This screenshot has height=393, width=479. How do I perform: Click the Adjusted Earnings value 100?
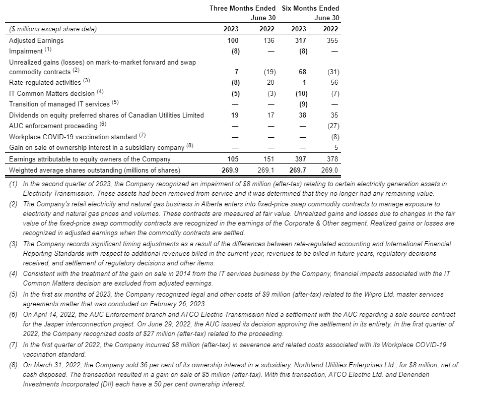(233, 40)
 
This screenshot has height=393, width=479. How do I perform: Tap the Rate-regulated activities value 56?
(335, 82)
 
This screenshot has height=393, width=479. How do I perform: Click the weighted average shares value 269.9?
(231, 171)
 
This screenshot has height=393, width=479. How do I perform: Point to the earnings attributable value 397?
(300, 159)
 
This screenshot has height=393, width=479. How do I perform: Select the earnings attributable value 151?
(269, 159)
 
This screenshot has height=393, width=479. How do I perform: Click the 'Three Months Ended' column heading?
(242, 8)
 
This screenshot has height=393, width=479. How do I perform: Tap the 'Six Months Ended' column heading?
(310, 8)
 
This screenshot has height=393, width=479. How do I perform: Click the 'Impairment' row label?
(26, 51)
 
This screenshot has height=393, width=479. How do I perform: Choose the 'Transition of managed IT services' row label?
(59, 104)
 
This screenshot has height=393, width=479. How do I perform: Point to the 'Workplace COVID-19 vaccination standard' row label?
(73, 137)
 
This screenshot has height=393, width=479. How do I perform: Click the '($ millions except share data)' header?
(53, 29)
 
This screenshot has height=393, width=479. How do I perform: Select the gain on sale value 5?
(336, 148)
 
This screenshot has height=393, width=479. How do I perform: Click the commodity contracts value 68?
(302, 72)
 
